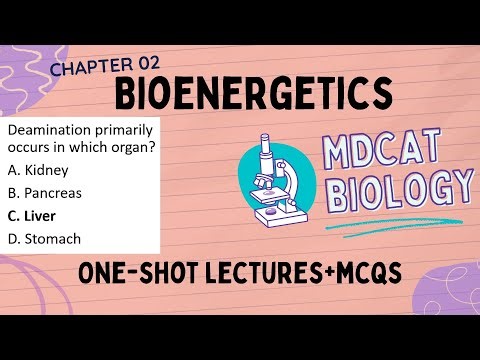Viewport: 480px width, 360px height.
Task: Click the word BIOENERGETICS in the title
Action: [250, 95]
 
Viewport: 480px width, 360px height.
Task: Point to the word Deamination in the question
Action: [50, 131]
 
